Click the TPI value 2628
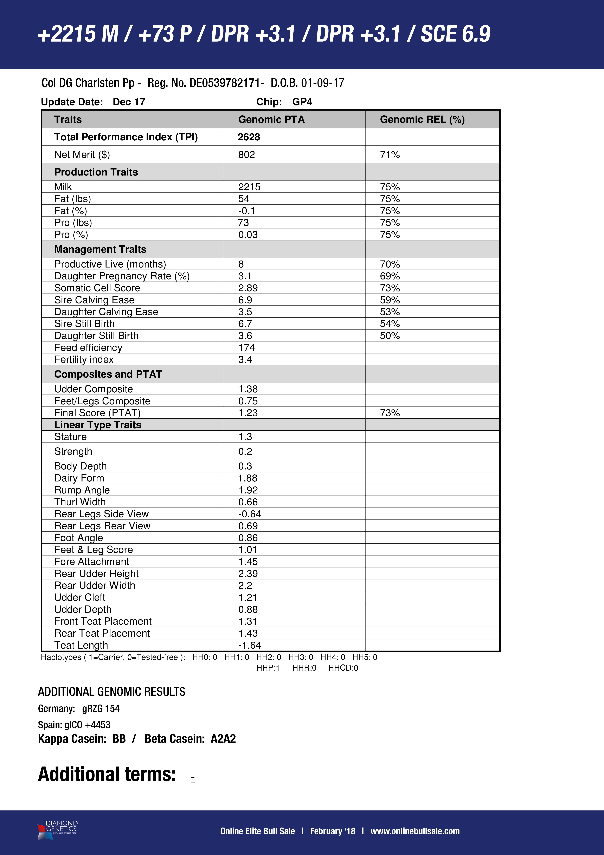pos(249,137)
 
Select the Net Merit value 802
pos(247,155)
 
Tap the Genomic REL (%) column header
pos(422,119)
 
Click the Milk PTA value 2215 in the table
pos(249,187)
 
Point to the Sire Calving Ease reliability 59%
pos(390,300)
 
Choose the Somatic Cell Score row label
pos(97,288)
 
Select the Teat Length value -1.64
pos(250,645)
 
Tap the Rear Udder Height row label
pos(96,573)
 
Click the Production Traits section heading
pos(96,172)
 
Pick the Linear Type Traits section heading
pos(98,425)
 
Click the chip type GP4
pos(302,102)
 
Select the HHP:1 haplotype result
pos(268,668)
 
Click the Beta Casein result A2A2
pos(223,739)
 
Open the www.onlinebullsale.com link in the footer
pos(415,831)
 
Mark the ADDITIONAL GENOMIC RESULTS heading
pos(112,692)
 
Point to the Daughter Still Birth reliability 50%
pos(390,336)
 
